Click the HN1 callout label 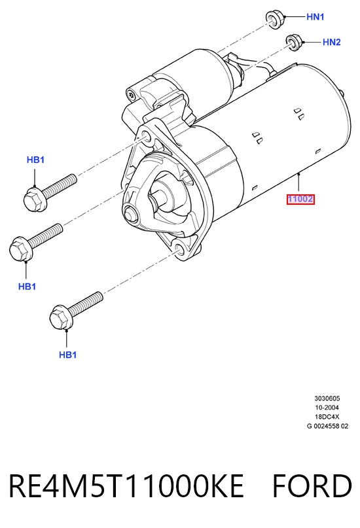tap(315, 16)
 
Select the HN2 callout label tap(331, 42)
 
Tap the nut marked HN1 tap(275, 19)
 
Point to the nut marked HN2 tap(294, 43)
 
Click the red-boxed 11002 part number tap(300, 200)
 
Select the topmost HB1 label tap(35, 160)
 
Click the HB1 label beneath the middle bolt tap(27, 287)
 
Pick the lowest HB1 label tap(67, 355)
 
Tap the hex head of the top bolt tap(35, 200)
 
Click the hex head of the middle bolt tap(19, 249)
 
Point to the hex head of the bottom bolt tap(61, 317)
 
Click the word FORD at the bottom tap(312, 486)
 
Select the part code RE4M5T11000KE tap(126, 486)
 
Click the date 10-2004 tap(327, 408)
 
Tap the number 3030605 tap(327, 398)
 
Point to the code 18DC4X tap(327, 417)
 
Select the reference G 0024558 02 tap(327, 426)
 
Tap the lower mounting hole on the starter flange tap(179, 249)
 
